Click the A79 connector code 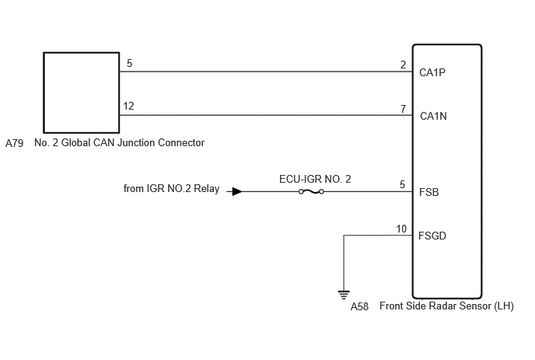tap(14, 143)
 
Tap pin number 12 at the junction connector tap(128, 106)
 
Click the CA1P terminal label tap(432, 72)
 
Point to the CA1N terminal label tap(433, 116)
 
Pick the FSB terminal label tap(429, 192)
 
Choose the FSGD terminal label tap(432, 236)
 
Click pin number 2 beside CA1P tap(403, 65)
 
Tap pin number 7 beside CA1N tap(403, 109)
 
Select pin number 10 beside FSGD tap(401, 229)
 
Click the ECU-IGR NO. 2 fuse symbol tap(311, 192)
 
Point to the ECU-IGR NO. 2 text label tap(315, 179)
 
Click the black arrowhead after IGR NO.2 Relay tap(237, 192)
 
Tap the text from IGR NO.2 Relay tap(171, 189)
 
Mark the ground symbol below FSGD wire tap(344, 295)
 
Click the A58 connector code tap(359, 306)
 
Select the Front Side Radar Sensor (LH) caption tap(446, 306)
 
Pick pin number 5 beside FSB tap(402, 184)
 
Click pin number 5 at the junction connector tap(129, 63)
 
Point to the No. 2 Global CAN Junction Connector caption tap(119, 142)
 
